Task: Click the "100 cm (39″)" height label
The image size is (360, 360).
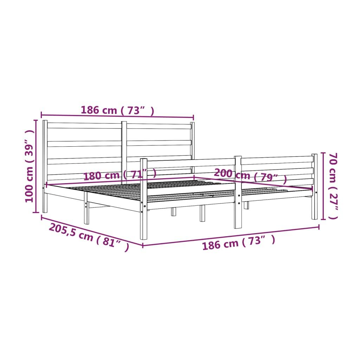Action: (x=30, y=166)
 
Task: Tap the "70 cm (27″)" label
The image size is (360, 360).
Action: (x=333, y=186)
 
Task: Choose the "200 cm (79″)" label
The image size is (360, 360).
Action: (x=250, y=175)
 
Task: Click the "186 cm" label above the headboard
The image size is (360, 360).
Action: (x=117, y=110)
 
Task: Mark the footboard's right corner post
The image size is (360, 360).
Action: (x=314, y=186)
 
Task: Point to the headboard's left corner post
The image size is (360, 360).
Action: (x=45, y=165)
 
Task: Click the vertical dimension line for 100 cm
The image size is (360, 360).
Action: (x=36, y=166)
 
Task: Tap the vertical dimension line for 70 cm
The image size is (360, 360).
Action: (x=323, y=186)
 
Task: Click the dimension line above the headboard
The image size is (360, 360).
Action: (x=117, y=116)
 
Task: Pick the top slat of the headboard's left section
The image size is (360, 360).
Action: (x=84, y=126)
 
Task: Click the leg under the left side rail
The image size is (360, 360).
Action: (x=86, y=213)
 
